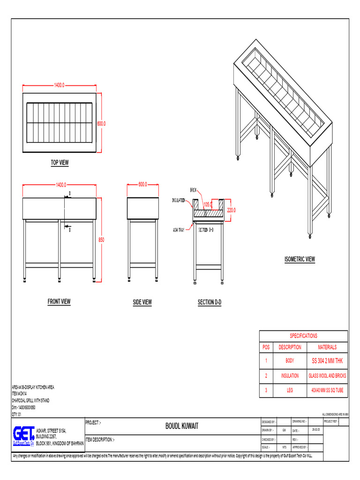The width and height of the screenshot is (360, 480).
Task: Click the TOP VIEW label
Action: (x=60, y=163)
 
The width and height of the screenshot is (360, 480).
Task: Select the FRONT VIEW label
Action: (x=59, y=301)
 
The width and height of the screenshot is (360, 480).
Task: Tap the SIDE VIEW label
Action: (x=142, y=302)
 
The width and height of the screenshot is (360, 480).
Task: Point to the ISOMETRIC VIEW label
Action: (x=300, y=259)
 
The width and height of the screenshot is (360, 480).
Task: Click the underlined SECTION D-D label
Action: (x=210, y=302)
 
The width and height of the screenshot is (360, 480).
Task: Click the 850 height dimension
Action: (x=101, y=240)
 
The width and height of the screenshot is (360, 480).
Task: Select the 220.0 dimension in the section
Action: (x=232, y=210)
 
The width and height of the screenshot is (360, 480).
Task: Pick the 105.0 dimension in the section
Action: (x=208, y=204)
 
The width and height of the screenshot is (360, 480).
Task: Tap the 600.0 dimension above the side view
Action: (x=142, y=184)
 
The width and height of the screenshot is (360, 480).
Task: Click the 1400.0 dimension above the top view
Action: (x=59, y=85)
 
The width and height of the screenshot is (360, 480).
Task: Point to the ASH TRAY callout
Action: (x=178, y=230)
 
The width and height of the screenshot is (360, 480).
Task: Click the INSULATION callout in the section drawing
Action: (x=179, y=200)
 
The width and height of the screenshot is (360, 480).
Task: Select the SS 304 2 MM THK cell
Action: (x=327, y=360)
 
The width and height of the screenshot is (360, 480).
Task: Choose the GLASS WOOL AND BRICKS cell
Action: (x=327, y=375)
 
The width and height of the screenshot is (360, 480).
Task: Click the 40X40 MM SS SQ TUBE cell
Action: (x=327, y=390)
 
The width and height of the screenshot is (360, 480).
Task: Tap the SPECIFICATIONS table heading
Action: (x=303, y=336)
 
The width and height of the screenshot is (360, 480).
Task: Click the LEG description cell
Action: (x=290, y=390)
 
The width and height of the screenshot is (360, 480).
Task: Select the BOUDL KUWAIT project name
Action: (x=182, y=426)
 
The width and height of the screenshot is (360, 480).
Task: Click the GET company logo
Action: (x=27, y=435)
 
